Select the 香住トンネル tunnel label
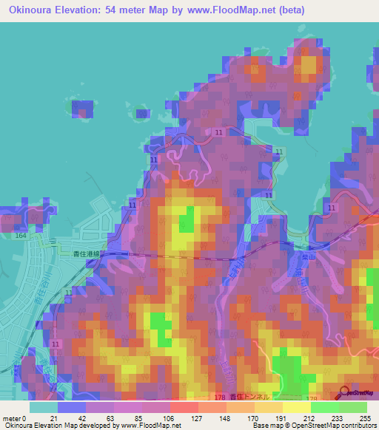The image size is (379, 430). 249,397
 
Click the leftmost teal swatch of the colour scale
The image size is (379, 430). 44,407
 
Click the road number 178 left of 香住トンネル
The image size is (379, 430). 218,397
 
